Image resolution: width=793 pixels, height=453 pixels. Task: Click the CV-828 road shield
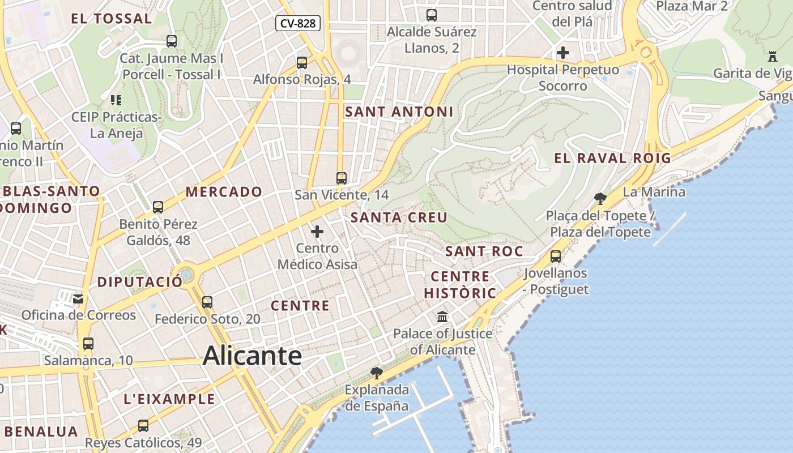[299, 23]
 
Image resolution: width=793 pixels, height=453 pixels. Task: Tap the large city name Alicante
[252, 356]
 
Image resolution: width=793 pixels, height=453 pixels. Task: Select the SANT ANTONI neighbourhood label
[399, 112]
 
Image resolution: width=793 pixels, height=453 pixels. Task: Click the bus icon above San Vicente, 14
[341, 178]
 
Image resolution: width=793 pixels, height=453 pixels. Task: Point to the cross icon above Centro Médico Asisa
[317, 232]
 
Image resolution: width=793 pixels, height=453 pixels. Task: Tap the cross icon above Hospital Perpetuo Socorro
[563, 53]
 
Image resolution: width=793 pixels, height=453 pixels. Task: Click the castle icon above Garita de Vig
[772, 56]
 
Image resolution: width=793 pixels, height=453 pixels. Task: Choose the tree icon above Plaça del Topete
[600, 198]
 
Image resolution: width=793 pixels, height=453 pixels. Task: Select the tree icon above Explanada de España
[376, 373]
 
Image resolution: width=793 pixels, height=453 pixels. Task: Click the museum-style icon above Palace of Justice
[442, 317]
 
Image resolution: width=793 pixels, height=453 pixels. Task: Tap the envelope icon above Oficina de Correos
[78, 298]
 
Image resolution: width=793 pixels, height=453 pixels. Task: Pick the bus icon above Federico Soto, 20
[207, 302]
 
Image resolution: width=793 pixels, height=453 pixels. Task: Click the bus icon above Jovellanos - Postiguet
[556, 256]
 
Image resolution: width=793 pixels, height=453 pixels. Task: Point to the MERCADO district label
[224, 192]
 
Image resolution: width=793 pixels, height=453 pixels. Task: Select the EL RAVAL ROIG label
[612, 159]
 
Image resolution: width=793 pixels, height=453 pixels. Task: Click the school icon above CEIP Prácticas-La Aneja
[116, 100]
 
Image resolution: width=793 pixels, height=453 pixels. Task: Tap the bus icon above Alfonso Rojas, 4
[302, 62]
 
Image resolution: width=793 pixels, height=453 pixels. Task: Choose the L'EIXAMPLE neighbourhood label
[169, 399]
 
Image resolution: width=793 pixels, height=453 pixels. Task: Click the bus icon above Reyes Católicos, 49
[143, 425]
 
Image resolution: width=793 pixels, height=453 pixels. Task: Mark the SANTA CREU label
[399, 217]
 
